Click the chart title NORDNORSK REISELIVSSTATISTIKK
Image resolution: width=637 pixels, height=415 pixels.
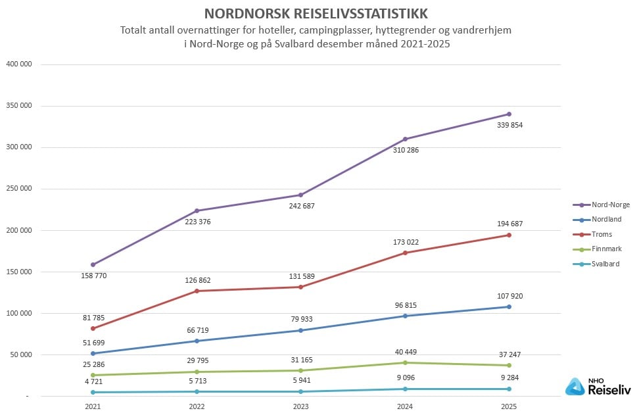316,14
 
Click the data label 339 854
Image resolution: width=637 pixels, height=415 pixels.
509,125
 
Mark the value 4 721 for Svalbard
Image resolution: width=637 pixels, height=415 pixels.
93,380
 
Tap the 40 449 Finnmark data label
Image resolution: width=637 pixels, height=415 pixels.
405,352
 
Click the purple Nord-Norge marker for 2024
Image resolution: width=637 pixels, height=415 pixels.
405,139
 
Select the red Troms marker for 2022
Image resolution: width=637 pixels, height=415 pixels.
197,291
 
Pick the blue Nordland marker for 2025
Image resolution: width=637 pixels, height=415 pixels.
509,306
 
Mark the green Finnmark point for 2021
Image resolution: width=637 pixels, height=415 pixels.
93,375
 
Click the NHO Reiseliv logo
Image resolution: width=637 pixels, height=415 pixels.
598,387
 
